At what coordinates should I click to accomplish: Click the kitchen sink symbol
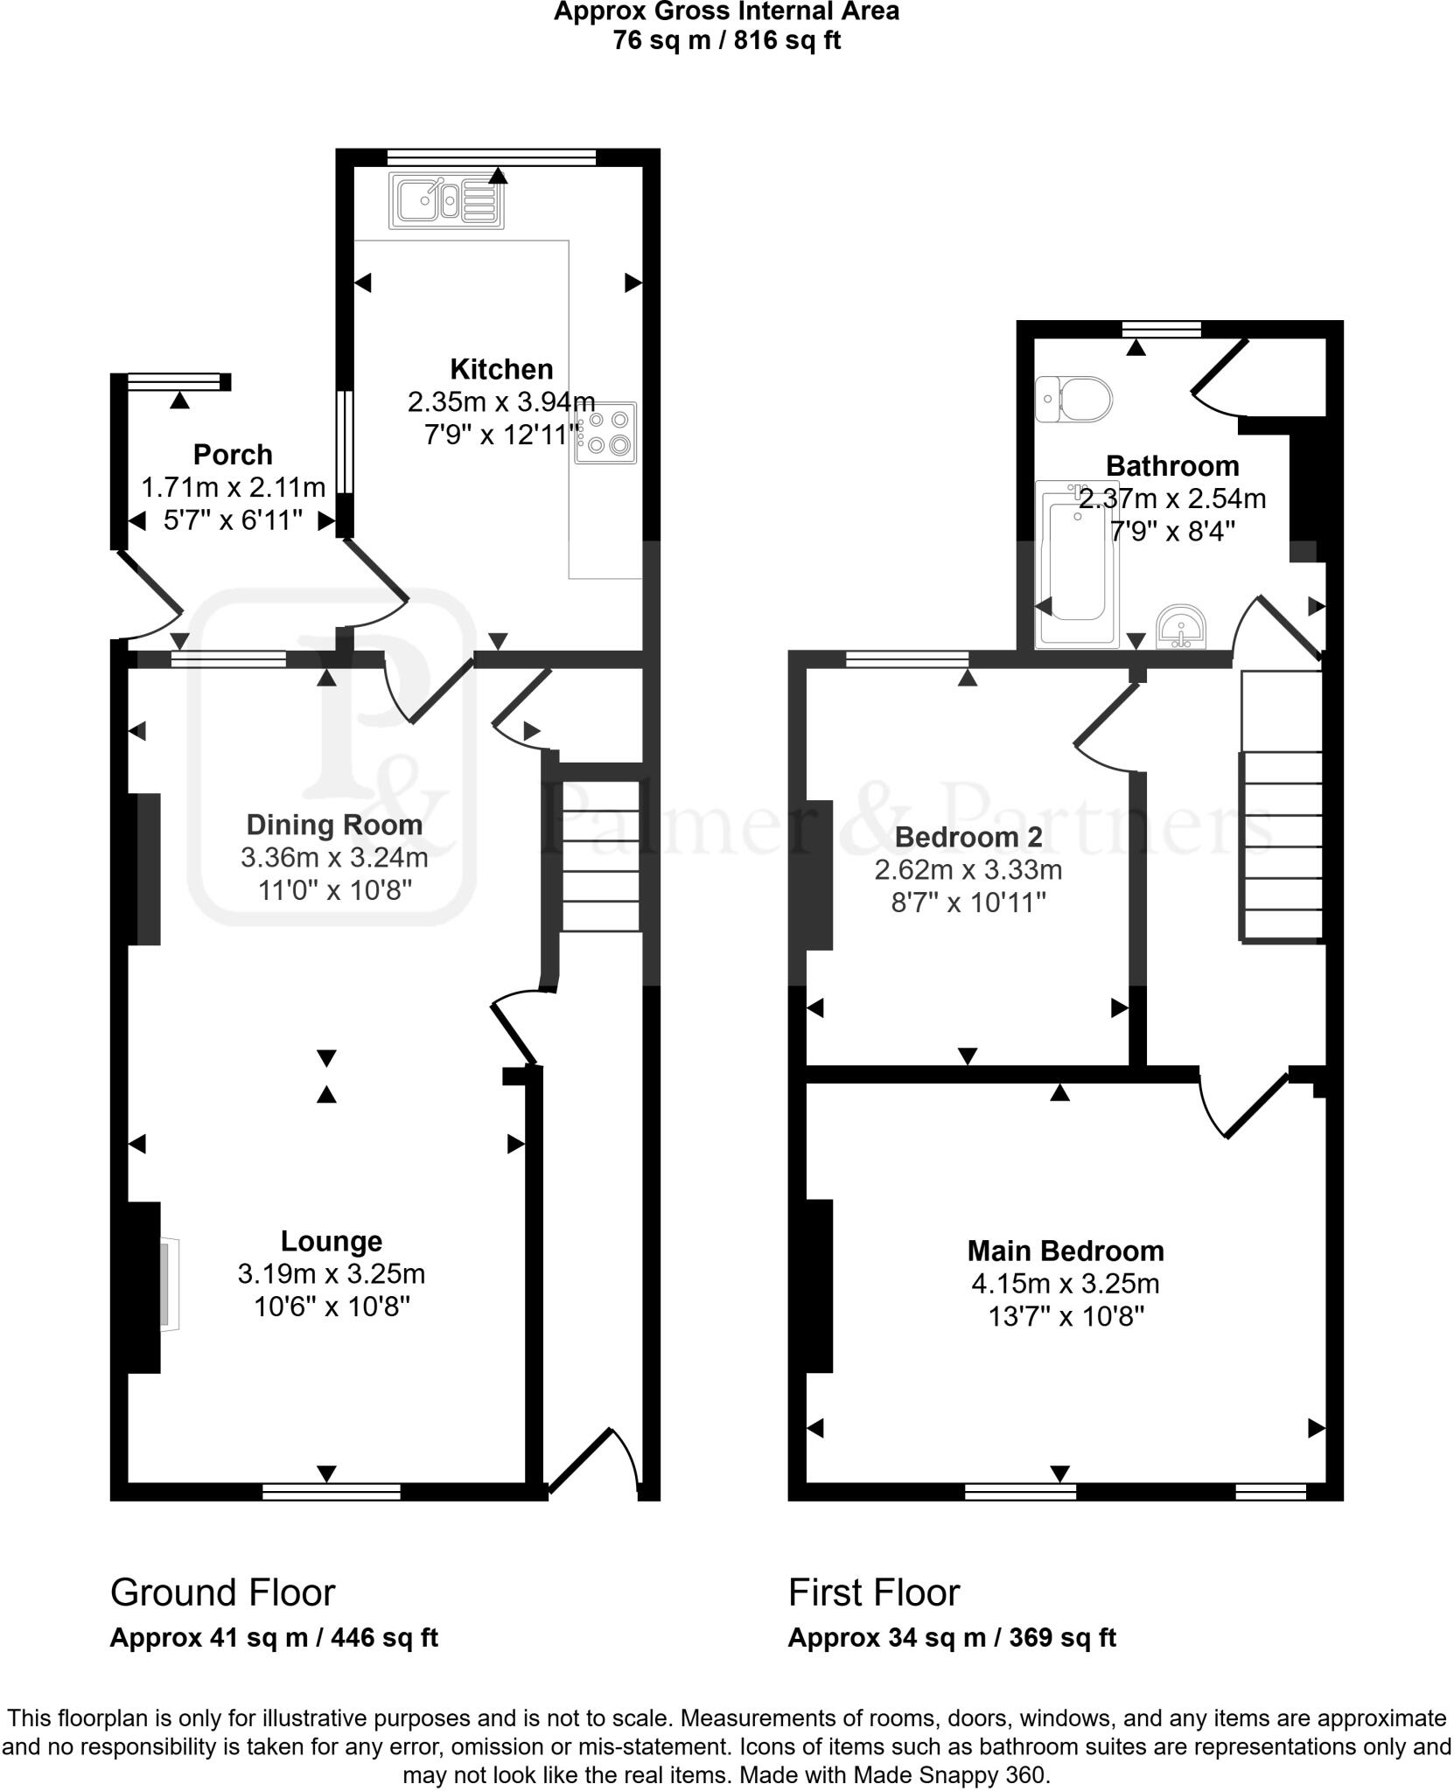(448, 202)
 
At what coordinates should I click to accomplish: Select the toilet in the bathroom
(1074, 400)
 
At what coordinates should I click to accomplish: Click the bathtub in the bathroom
(1077, 565)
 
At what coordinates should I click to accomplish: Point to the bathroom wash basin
(1181, 628)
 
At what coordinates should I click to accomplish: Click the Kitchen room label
(501, 369)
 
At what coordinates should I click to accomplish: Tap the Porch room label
(233, 455)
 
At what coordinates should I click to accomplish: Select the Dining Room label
(334, 825)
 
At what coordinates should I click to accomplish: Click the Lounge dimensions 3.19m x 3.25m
(332, 1274)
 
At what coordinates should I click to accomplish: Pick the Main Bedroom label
(1066, 1251)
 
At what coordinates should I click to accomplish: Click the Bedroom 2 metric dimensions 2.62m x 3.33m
(968, 870)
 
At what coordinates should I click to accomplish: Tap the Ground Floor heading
(222, 1593)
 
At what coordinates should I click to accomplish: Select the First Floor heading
(874, 1593)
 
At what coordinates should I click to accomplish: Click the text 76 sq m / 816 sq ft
(726, 40)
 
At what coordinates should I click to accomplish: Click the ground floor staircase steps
(600, 857)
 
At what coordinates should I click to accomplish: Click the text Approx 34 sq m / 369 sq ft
(952, 1637)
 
